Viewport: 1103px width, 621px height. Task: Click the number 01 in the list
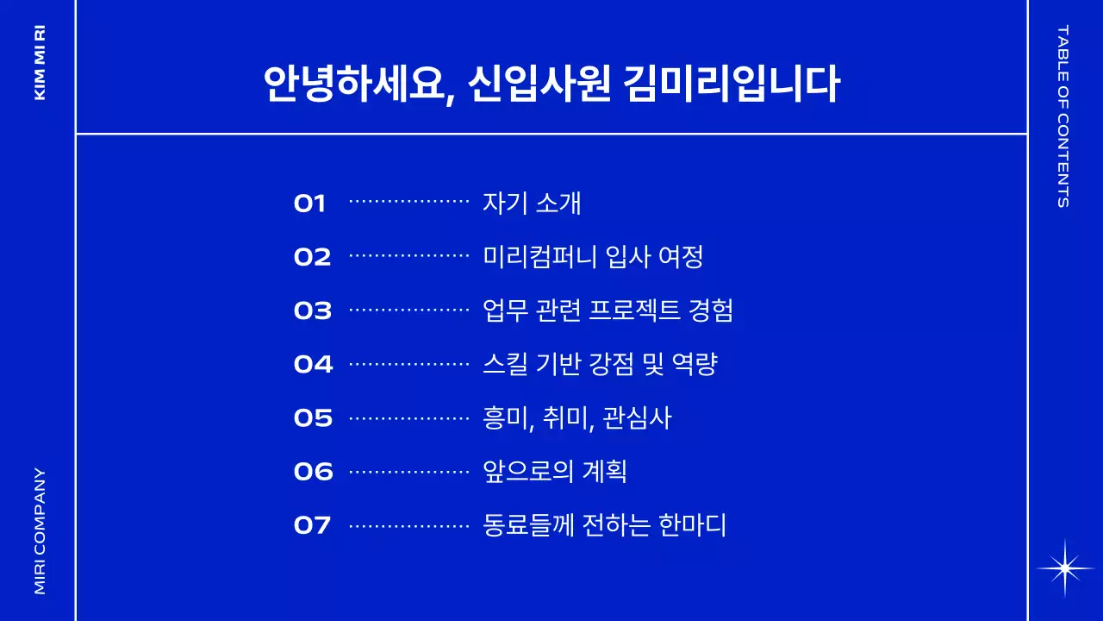click(x=310, y=204)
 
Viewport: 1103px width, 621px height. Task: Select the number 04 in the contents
click(x=313, y=364)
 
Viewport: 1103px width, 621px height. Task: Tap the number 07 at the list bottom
click(x=313, y=525)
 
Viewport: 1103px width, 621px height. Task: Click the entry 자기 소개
click(x=533, y=203)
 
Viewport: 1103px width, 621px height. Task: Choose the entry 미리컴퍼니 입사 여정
click(x=594, y=256)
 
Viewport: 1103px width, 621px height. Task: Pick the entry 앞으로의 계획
click(x=555, y=471)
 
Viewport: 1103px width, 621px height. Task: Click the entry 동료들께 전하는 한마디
click(x=605, y=524)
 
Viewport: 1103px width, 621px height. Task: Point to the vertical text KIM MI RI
click(x=40, y=62)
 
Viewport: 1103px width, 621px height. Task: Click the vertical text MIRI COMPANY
click(x=40, y=530)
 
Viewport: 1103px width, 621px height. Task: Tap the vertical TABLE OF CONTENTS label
click(x=1062, y=116)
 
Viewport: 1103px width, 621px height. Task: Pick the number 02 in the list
click(x=312, y=257)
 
